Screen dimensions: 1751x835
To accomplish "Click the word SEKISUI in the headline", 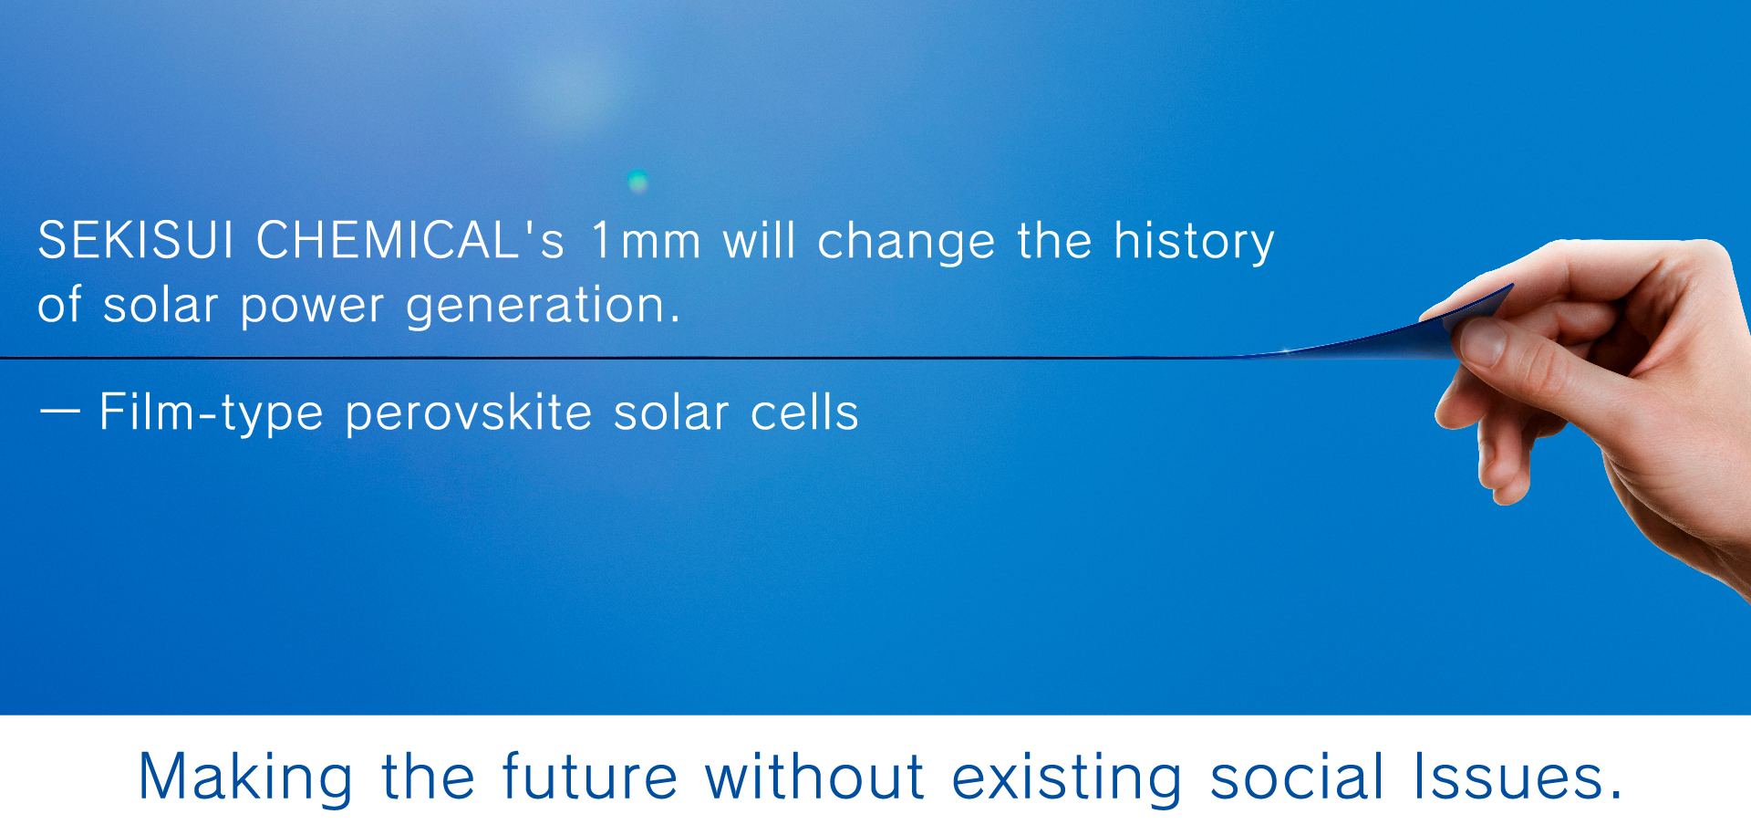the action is pos(136,240).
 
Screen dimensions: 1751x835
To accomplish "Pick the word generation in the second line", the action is pos(543,306).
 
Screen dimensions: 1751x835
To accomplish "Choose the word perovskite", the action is pos(469,413).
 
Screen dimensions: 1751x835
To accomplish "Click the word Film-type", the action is pos(211,413).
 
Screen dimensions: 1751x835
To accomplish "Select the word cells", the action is pos(804,412).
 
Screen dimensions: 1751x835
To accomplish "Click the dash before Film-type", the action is pos(60,412).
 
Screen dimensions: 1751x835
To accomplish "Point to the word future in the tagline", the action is pos(590,777).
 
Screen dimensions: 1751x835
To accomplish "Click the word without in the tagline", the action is pos(815,777).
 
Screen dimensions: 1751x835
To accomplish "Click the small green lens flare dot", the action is pos(638,181).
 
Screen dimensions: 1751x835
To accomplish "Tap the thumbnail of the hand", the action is pos(1479,342).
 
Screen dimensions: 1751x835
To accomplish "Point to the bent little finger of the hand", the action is pos(1505,465).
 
